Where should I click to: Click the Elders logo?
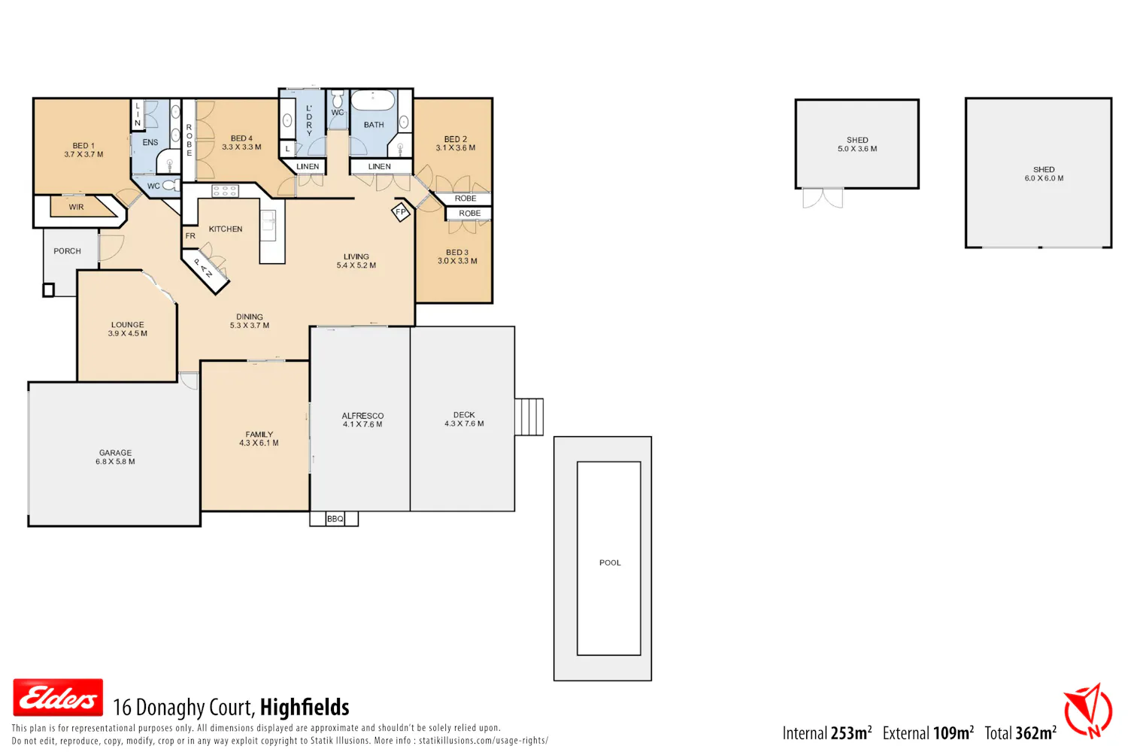pyautogui.click(x=58, y=698)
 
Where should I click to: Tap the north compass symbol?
pyautogui.click(x=1087, y=711)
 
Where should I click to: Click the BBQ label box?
pyautogui.click(x=335, y=519)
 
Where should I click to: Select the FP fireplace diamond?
pyautogui.click(x=401, y=213)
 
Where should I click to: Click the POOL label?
pyautogui.click(x=610, y=562)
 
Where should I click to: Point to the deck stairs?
pyautogui.click(x=529, y=417)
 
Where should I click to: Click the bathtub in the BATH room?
pyautogui.click(x=373, y=100)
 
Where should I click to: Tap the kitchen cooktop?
pyautogui.click(x=225, y=191)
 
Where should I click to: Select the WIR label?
pyautogui.click(x=77, y=207)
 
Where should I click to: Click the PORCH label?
pyautogui.click(x=67, y=251)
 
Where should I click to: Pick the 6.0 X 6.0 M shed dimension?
pyautogui.click(x=1044, y=178)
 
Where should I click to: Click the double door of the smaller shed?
pyautogui.click(x=823, y=198)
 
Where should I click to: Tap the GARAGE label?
pyautogui.click(x=115, y=453)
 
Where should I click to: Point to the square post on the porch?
pyautogui.click(x=48, y=290)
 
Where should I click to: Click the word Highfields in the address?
pyautogui.click(x=305, y=707)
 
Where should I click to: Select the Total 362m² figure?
pyautogui.click(x=1020, y=733)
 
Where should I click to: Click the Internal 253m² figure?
pyautogui.click(x=827, y=733)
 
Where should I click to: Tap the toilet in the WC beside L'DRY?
pyautogui.click(x=338, y=99)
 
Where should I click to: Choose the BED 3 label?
pyautogui.click(x=457, y=253)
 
